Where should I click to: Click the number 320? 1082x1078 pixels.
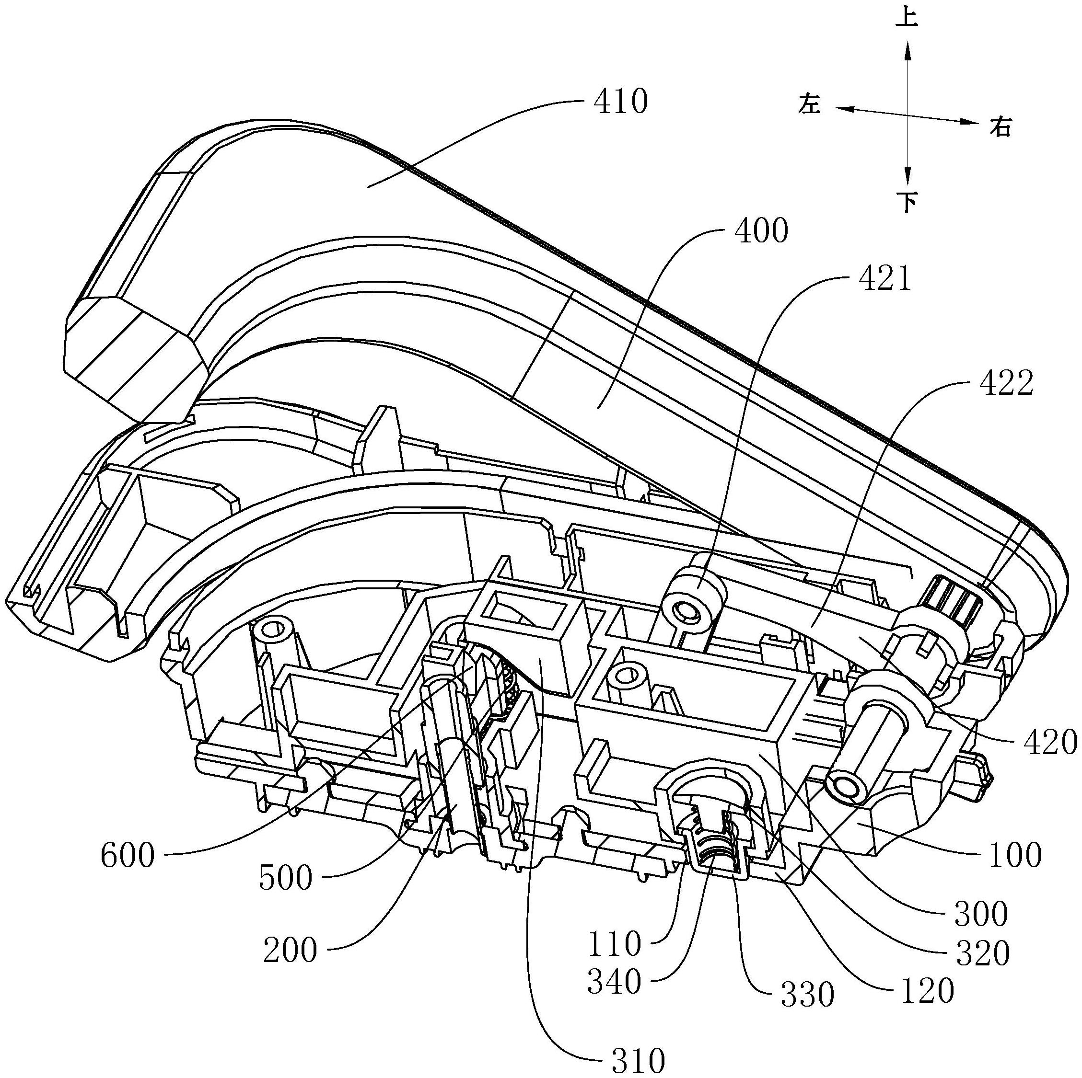point(983,954)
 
